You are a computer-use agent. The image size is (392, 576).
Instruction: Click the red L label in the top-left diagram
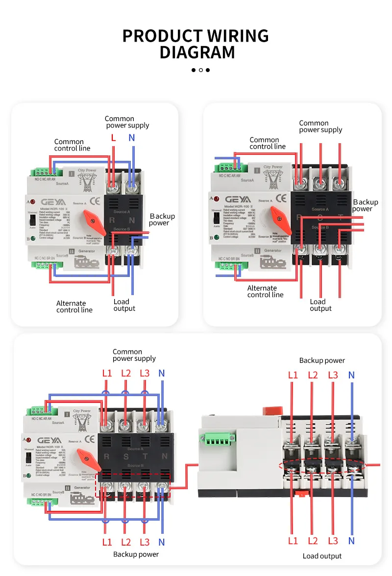(113, 138)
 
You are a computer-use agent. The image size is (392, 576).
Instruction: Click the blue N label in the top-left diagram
(131, 138)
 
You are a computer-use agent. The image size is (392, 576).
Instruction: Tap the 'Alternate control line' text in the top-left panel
(74, 306)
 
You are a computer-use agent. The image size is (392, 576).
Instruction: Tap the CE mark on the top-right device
(281, 199)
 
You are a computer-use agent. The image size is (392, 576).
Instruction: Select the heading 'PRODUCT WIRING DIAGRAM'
(196, 44)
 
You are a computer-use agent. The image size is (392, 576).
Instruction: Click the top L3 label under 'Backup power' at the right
(333, 375)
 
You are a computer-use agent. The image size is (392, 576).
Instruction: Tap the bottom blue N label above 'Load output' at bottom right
(351, 541)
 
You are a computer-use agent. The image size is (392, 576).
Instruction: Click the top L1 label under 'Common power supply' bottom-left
(107, 373)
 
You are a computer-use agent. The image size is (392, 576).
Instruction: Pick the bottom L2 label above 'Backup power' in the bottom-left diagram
(125, 542)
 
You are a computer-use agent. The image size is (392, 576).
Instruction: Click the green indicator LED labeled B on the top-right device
(216, 238)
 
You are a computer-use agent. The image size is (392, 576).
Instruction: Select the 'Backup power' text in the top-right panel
(365, 205)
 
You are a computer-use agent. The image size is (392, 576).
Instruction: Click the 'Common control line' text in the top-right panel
(267, 143)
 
